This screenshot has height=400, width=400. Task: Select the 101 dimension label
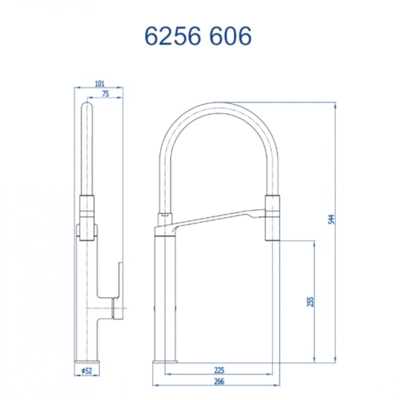[x=100, y=84]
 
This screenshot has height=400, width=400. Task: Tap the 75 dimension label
[x=105, y=94]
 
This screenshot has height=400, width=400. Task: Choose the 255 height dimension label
[x=310, y=300]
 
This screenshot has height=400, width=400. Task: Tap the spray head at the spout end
[x=272, y=217]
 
